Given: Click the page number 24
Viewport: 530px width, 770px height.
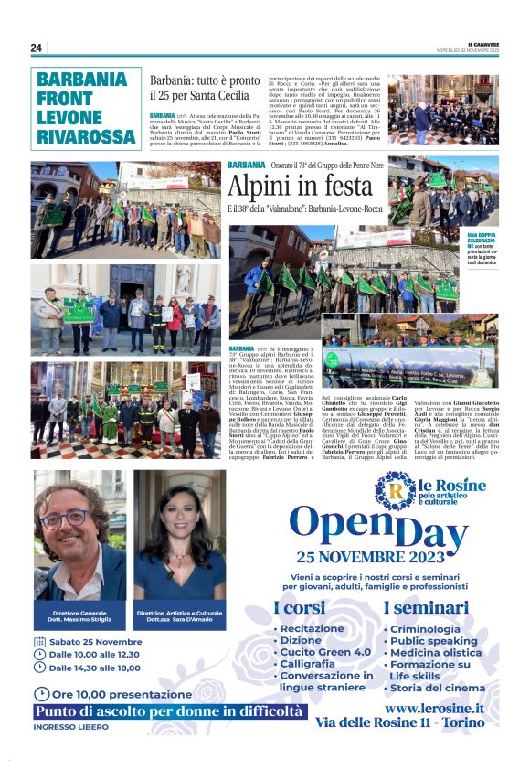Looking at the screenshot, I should point(37,48).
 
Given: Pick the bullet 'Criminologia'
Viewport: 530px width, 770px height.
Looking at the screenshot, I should point(424,629).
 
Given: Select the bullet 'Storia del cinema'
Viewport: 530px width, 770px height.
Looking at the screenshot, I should point(438,688).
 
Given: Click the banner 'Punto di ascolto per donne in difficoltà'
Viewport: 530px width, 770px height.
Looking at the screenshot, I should point(167,711).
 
